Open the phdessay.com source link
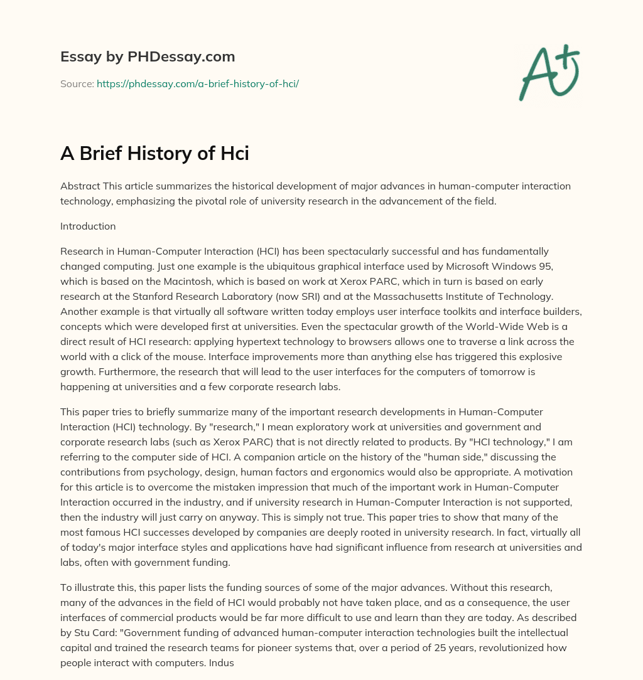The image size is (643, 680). [197, 83]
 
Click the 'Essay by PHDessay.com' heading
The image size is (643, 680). [148, 56]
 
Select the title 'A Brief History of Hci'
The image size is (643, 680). [154, 152]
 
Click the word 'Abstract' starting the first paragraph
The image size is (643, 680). [78, 186]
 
